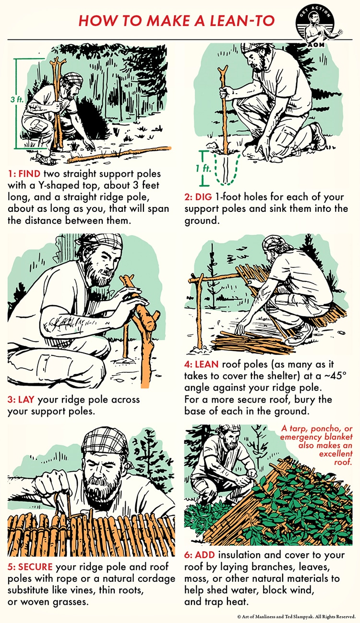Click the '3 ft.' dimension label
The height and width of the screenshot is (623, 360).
[x=16, y=99]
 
